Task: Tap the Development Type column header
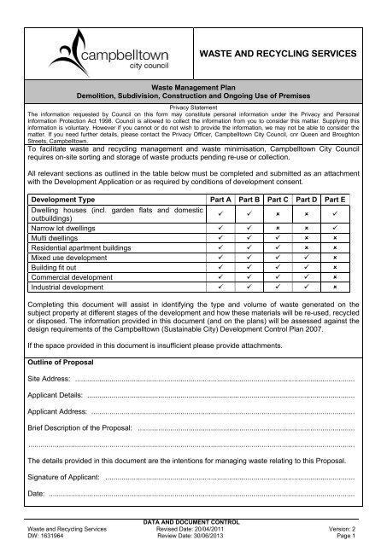point(64,198)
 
